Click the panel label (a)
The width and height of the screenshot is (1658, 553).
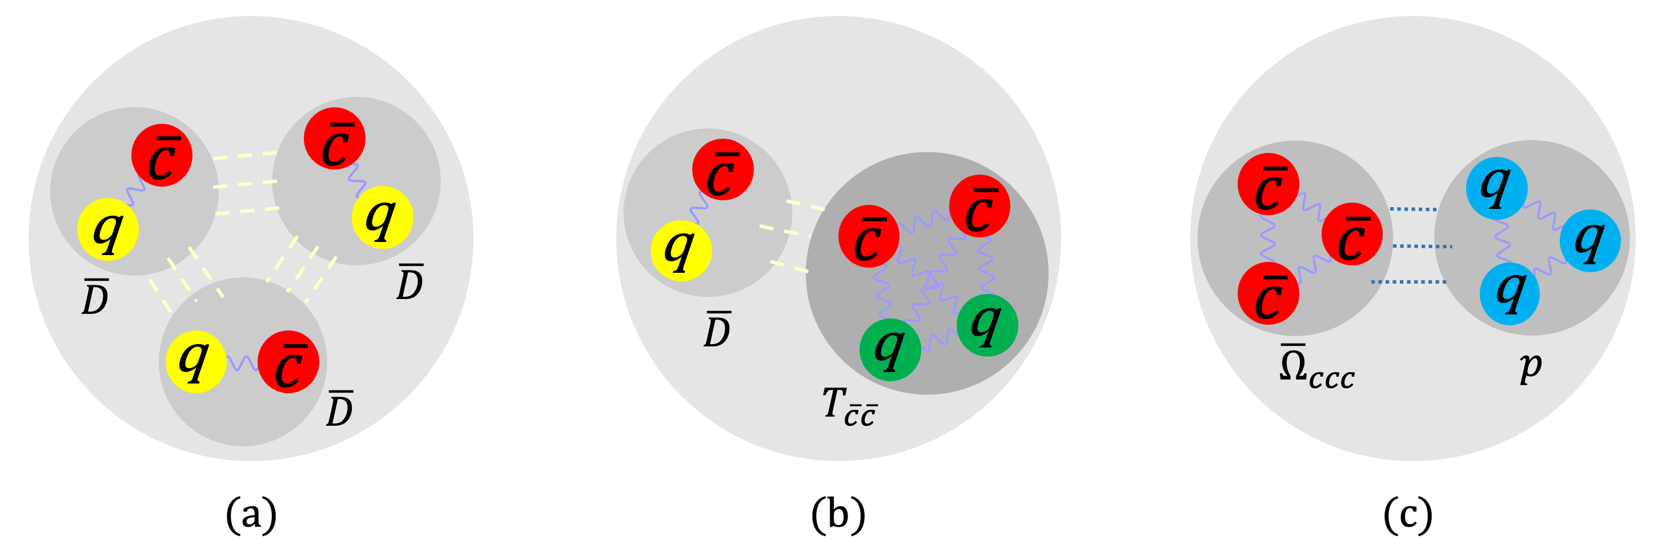251,514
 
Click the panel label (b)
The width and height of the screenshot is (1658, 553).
838,514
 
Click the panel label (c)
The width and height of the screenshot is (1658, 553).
1408,514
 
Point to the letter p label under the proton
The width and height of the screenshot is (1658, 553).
1531,366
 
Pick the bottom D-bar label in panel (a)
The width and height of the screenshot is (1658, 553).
339,409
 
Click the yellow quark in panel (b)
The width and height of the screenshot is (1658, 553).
681,251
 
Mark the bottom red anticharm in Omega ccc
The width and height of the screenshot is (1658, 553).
1268,293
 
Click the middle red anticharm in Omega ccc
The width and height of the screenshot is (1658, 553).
1352,234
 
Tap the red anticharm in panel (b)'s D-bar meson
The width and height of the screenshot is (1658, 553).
723,169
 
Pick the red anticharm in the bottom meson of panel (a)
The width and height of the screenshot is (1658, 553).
288,362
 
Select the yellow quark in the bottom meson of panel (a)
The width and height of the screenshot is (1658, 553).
195,362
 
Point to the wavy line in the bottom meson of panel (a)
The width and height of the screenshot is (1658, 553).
242,364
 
